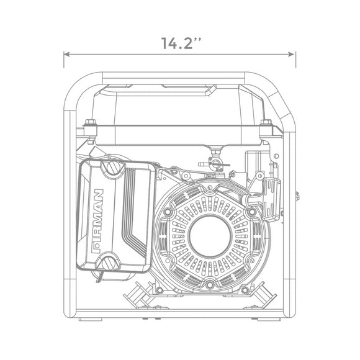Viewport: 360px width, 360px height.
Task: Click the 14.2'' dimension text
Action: (181, 43)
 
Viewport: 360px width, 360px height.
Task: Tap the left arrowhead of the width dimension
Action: (66, 55)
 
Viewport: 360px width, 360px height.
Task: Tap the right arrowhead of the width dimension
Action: (291, 55)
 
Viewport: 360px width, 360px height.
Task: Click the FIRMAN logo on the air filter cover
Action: (97, 221)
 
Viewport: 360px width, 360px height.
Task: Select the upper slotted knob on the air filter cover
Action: (114, 167)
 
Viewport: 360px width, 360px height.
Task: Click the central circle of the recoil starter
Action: (209, 236)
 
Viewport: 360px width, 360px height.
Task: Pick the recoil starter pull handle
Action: (271, 200)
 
